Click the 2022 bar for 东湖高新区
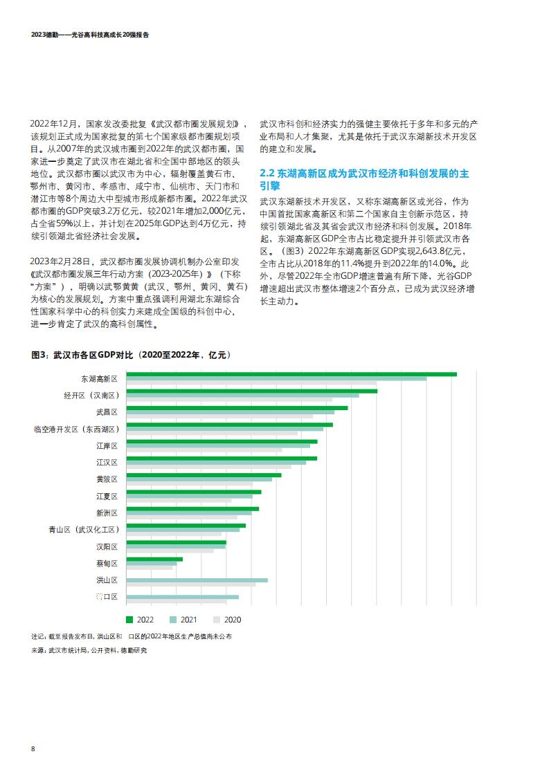click(291, 374)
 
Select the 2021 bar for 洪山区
click(197, 580)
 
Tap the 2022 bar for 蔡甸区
click(154, 560)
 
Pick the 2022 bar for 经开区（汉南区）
click(252, 391)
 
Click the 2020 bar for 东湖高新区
click(251, 383)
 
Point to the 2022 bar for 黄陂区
click(204, 475)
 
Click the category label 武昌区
click(107, 412)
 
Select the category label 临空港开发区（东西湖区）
click(76, 429)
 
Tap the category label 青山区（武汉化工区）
click(84, 530)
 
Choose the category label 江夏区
click(107, 497)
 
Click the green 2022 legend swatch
click(130, 620)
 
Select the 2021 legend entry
click(183, 620)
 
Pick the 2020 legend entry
click(227, 620)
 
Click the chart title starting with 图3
click(131, 355)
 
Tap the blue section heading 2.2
click(364, 180)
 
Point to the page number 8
click(33, 749)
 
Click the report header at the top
click(90, 35)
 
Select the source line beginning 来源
click(89, 650)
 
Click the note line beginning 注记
click(132, 636)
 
